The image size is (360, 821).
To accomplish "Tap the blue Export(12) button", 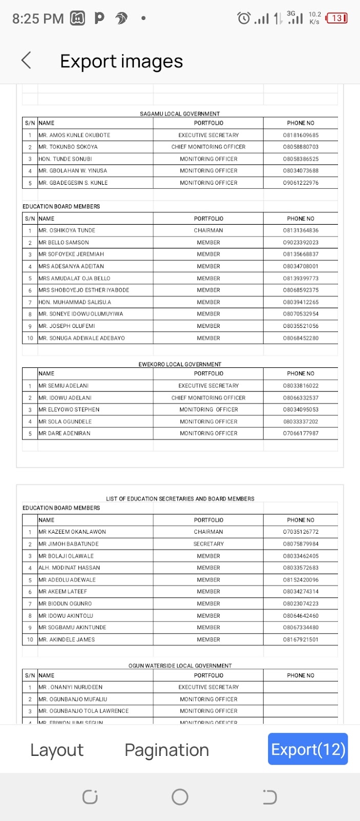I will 308,749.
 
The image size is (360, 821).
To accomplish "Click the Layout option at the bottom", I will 56,750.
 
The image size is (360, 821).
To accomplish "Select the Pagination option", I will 167,750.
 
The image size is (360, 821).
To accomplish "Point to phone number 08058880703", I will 301,147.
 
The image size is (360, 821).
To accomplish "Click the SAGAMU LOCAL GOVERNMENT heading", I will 179,114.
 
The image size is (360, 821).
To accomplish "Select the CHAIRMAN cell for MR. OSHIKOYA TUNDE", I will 208,230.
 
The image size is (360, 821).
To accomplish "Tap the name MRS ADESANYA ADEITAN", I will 71,266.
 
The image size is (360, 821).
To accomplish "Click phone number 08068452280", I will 301,338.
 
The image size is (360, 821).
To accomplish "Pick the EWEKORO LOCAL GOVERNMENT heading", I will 179,364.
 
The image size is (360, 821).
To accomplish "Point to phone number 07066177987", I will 301,434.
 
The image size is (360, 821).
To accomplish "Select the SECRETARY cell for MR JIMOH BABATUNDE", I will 208,544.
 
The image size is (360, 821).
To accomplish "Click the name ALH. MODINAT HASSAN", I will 69,568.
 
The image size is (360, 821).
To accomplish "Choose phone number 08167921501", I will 301,640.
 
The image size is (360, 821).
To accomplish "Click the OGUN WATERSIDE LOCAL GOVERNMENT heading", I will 179,666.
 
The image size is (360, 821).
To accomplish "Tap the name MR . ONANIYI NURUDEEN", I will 71,687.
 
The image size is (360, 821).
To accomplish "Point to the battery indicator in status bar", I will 337,18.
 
